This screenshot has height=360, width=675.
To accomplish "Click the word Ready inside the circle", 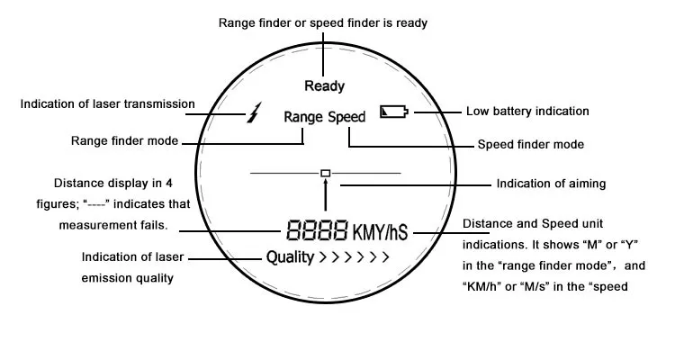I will (325, 86).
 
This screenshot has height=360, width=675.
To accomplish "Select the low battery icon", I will (393, 112).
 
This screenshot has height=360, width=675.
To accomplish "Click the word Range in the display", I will (302, 117).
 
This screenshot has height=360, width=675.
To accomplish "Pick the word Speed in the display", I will (346, 117).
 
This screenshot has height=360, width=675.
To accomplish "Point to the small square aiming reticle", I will (326, 171).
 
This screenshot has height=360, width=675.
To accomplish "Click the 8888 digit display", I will (317, 231).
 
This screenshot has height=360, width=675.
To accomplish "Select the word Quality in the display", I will (289, 257).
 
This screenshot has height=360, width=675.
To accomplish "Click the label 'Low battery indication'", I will (527, 112).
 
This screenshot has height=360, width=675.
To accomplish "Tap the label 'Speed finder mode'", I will (530, 144).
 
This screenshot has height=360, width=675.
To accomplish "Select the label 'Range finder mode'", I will (124, 140).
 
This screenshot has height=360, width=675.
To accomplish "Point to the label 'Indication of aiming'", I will (551, 184).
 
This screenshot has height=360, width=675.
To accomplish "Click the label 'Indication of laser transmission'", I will (107, 103).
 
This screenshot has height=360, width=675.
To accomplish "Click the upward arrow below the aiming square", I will (326, 193).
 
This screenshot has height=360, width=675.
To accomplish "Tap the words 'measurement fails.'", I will (113, 225).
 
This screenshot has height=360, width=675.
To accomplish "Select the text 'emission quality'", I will (127, 278).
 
